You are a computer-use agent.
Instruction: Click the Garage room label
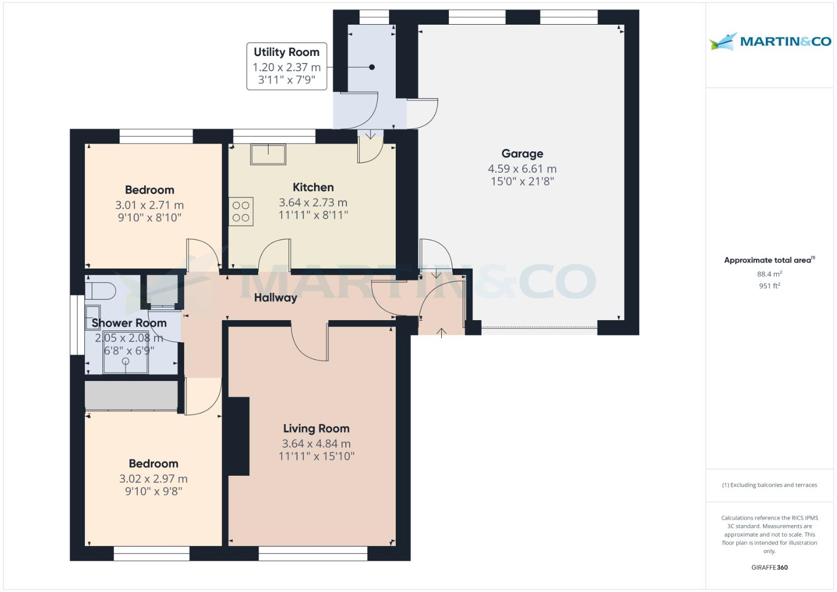click(522, 154)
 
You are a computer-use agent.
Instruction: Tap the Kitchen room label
click(313, 187)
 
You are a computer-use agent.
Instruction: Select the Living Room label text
click(316, 429)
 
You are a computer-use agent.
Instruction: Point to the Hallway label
click(275, 298)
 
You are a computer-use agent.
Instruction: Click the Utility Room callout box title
click(286, 53)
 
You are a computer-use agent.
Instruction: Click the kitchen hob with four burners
click(241, 211)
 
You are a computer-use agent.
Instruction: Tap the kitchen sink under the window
click(268, 154)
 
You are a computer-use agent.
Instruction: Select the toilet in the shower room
click(100, 290)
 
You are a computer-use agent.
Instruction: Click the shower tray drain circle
click(126, 361)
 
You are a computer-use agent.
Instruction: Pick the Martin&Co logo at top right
click(770, 42)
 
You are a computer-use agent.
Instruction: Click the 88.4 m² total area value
click(769, 274)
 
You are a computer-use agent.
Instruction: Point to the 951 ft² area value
click(769, 286)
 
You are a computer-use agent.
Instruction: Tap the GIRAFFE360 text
click(769, 567)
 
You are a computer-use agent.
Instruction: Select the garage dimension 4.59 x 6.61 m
click(522, 169)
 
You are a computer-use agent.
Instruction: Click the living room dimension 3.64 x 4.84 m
click(316, 443)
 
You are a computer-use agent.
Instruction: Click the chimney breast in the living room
click(238, 436)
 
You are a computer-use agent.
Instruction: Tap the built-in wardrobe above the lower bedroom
click(131, 395)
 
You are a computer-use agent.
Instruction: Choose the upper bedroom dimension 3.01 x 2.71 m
click(149, 205)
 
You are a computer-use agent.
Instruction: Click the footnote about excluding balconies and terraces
click(769, 485)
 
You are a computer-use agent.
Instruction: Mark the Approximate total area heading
click(768, 260)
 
